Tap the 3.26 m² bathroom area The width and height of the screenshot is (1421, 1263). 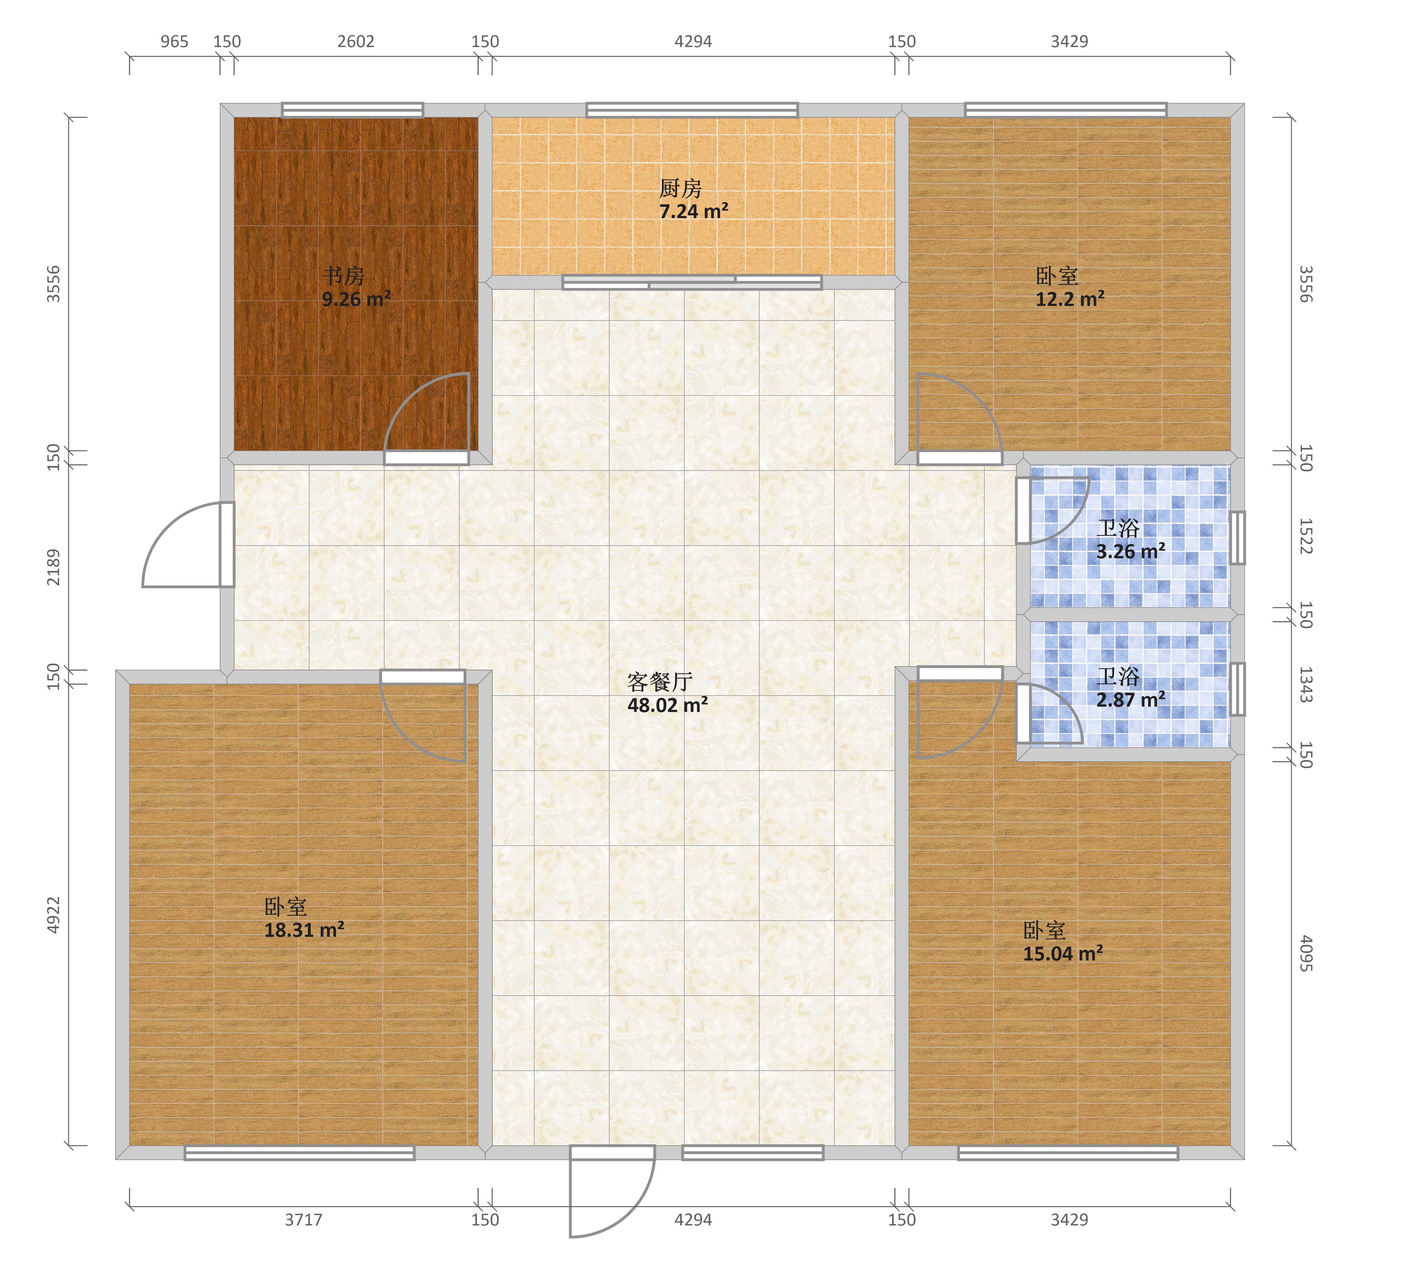click(1130, 552)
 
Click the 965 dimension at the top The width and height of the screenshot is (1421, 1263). click(175, 42)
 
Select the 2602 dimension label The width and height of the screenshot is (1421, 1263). click(356, 42)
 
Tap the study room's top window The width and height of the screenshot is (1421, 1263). click(352, 110)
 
